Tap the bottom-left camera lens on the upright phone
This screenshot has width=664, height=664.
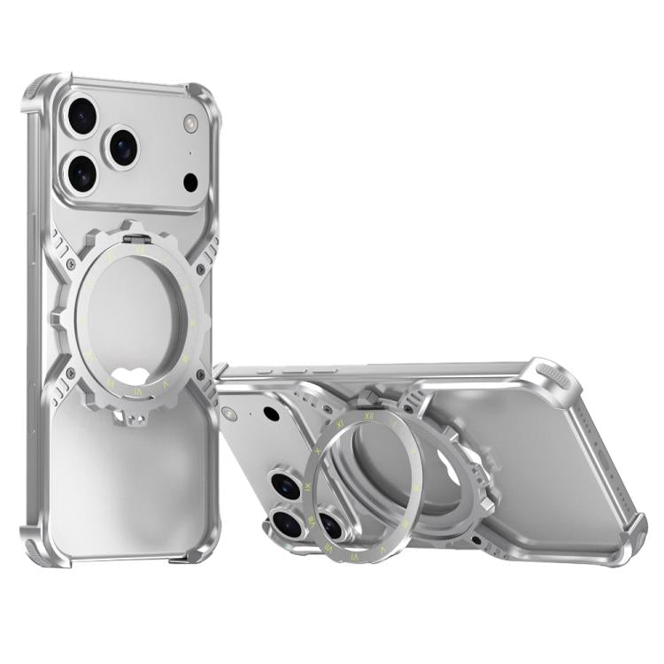[x=81, y=173]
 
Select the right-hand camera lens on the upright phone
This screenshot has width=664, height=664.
[x=120, y=146]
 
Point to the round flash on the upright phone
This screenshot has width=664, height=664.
[x=189, y=124]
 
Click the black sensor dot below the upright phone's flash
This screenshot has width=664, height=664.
[x=190, y=182]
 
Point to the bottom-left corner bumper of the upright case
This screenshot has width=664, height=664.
[x=35, y=546]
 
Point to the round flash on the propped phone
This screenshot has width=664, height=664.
[x=232, y=413]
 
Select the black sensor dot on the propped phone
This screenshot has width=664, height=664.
[x=272, y=413]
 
